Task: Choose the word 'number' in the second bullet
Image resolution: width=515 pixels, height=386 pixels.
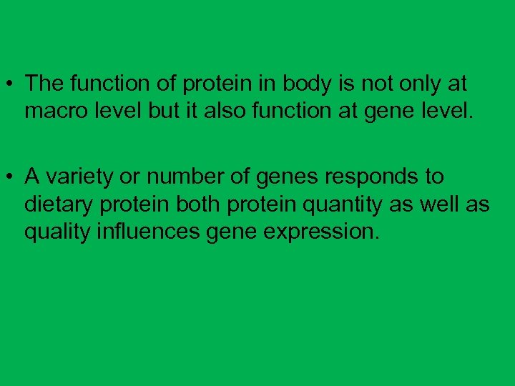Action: (x=182, y=177)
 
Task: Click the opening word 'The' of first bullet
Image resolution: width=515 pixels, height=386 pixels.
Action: (x=44, y=84)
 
